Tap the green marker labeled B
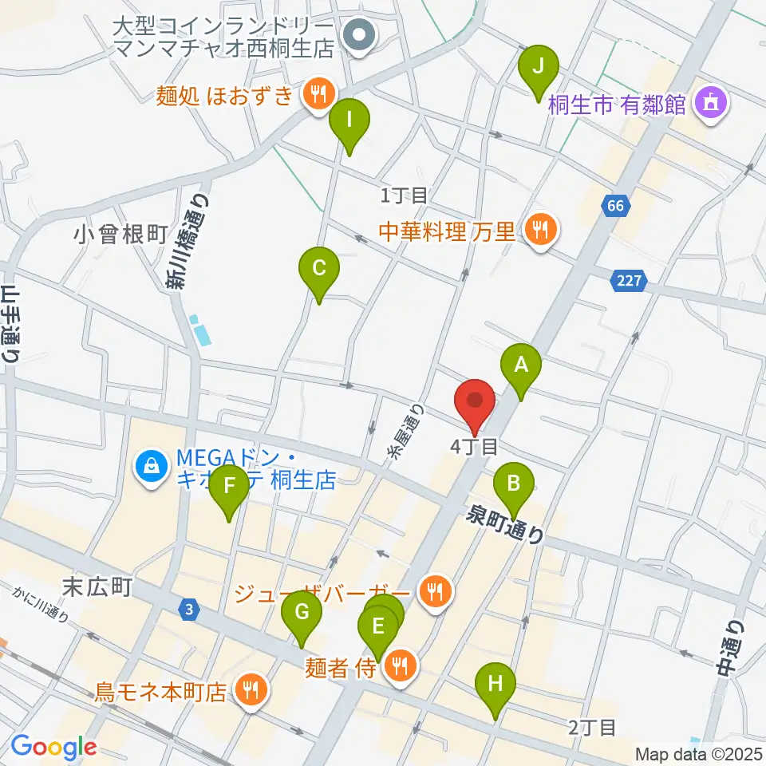point(514,484)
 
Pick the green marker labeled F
point(229,486)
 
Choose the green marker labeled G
point(302,614)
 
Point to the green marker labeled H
point(496,685)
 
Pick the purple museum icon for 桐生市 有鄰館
point(709,103)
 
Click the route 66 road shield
point(614,206)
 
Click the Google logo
point(53,747)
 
